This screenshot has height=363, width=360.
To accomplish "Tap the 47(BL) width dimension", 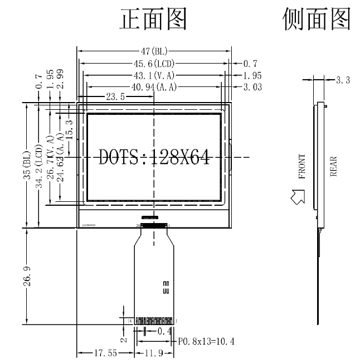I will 154,52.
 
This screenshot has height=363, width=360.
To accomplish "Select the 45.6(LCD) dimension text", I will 154,64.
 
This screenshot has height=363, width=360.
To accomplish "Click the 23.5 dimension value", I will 115,96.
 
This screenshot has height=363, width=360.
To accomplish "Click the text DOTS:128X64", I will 154,158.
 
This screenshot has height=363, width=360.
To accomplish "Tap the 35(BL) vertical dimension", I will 26,165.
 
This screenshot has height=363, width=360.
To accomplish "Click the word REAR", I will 334,166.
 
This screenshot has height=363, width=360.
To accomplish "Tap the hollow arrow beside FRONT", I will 298,195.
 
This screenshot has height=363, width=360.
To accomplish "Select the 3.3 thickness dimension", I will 343,80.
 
